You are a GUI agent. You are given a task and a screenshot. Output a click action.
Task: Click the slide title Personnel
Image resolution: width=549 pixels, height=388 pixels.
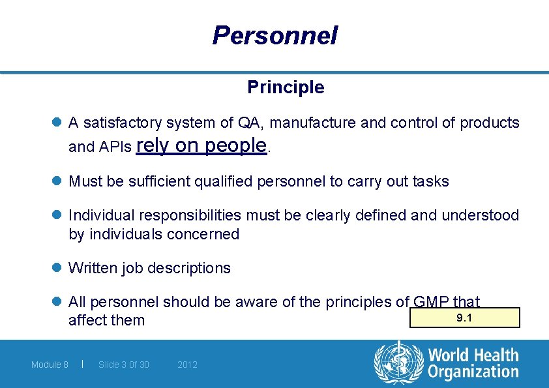(274, 35)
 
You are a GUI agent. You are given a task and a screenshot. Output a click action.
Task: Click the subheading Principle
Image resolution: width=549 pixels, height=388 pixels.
(286, 87)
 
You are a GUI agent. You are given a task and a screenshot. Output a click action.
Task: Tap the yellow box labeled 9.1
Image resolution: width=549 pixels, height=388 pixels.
(464, 318)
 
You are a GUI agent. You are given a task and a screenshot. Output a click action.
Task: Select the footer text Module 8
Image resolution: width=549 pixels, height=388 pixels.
(50, 365)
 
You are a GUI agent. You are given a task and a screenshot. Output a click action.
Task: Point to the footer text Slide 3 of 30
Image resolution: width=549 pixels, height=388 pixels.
(123, 365)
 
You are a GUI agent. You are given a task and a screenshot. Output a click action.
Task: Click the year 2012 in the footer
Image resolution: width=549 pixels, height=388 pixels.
(187, 365)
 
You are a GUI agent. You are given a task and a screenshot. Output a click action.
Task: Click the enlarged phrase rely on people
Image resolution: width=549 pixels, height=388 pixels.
(202, 145)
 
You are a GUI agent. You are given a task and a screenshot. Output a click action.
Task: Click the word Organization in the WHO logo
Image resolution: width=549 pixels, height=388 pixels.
(473, 372)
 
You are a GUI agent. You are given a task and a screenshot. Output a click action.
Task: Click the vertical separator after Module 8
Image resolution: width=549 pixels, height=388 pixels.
(82, 364)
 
